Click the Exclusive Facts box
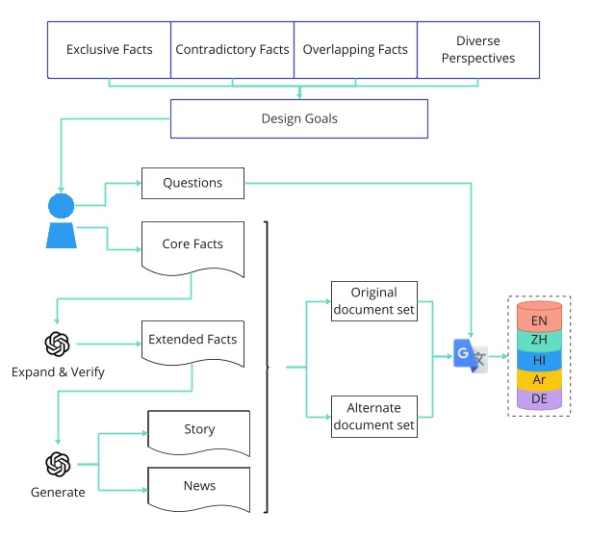(x=109, y=50)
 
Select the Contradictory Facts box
(x=231, y=50)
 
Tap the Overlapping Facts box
(x=355, y=50)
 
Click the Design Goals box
(x=299, y=119)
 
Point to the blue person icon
(x=61, y=221)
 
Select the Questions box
(x=192, y=183)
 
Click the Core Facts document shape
(x=192, y=246)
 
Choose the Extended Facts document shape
(x=192, y=342)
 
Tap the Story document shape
(x=199, y=430)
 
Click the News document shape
(x=199, y=487)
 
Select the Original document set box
(x=373, y=300)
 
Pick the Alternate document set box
(x=373, y=416)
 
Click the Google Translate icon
(x=471, y=356)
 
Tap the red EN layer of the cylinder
(x=539, y=319)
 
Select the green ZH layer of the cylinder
(x=539, y=340)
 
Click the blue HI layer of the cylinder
(x=539, y=360)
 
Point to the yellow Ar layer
(x=539, y=379)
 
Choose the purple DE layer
(x=539, y=398)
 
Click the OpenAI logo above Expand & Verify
(x=58, y=344)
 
